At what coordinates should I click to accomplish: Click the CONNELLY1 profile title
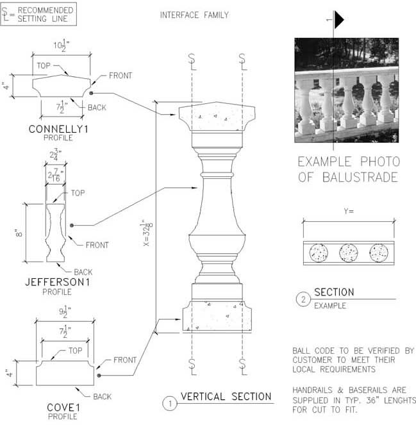[58, 129]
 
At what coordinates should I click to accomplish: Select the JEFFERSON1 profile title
[58, 282]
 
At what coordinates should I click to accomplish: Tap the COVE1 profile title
[63, 408]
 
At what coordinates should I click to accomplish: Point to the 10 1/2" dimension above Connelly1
[62, 46]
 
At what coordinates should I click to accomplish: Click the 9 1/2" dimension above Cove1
[65, 312]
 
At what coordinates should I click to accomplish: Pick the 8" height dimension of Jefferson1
[19, 233]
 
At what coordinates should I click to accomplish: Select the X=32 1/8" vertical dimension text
[148, 233]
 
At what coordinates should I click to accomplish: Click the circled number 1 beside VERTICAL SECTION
[170, 403]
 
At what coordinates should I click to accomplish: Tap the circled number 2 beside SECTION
[303, 299]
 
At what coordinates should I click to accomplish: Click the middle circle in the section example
[349, 253]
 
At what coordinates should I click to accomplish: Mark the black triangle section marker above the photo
[339, 19]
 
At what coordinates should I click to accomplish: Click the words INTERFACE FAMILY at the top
[194, 15]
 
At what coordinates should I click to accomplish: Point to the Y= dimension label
[349, 211]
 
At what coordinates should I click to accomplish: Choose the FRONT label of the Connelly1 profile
[121, 76]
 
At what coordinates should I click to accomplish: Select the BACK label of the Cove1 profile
[102, 397]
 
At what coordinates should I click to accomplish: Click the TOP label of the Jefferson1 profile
[78, 193]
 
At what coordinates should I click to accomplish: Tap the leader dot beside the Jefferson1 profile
[72, 225]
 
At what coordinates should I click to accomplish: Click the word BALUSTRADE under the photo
[360, 178]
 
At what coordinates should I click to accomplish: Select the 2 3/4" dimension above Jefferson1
[56, 154]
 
